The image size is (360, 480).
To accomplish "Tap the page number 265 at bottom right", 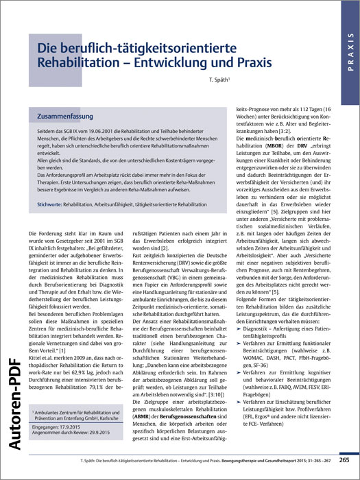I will coord(344,459).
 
